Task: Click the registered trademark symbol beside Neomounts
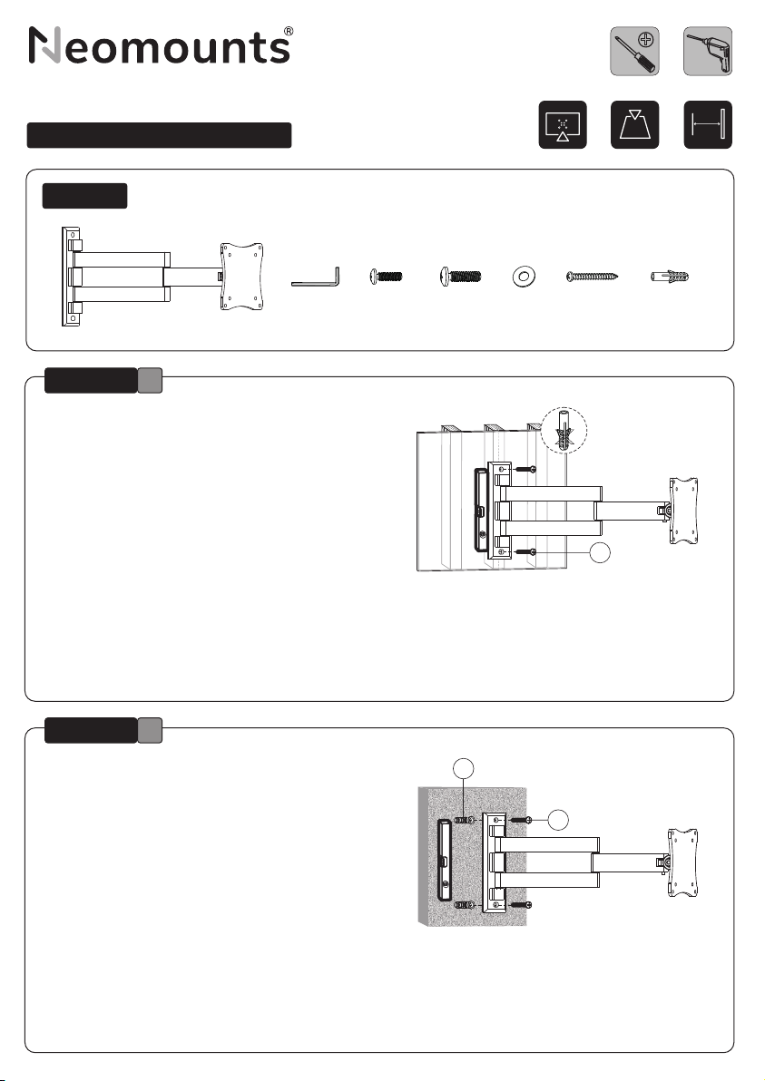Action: point(289,31)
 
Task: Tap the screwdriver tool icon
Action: point(634,52)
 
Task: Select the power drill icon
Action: point(708,52)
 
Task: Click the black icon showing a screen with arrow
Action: point(563,125)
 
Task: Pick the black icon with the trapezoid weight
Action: point(634,125)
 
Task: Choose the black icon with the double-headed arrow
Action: point(708,125)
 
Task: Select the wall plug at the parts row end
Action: point(670,278)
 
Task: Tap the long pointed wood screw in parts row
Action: point(592,278)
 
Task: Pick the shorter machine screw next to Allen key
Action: point(387,278)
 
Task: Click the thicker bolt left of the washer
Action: point(461,278)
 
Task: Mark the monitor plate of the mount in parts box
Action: point(241,276)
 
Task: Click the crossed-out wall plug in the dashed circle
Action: point(564,431)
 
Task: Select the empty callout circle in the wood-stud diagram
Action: point(601,552)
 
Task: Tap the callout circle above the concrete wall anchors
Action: point(464,768)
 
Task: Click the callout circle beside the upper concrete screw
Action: point(558,819)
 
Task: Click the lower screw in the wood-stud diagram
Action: point(525,551)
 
